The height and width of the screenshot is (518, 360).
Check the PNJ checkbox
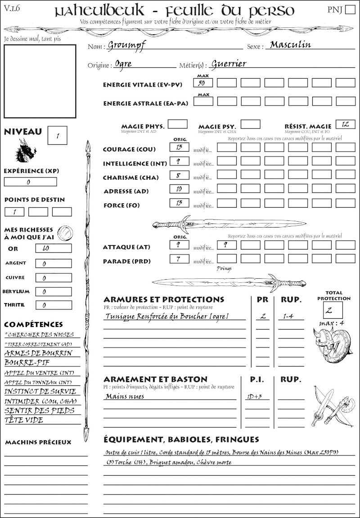click(x=349, y=10)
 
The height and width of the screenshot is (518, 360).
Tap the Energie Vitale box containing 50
click(x=203, y=83)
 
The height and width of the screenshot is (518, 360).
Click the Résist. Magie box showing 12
click(x=345, y=124)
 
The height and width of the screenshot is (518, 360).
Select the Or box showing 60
click(x=53, y=248)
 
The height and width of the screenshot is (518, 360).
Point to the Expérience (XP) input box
click(x=30, y=182)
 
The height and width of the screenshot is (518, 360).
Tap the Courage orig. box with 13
click(x=179, y=147)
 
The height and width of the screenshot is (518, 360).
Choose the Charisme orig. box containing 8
click(x=179, y=175)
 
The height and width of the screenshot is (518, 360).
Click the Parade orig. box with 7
click(x=179, y=259)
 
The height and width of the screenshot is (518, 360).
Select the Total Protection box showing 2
click(x=333, y=310)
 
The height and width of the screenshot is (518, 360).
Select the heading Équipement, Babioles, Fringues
click(x=181, y=439)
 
